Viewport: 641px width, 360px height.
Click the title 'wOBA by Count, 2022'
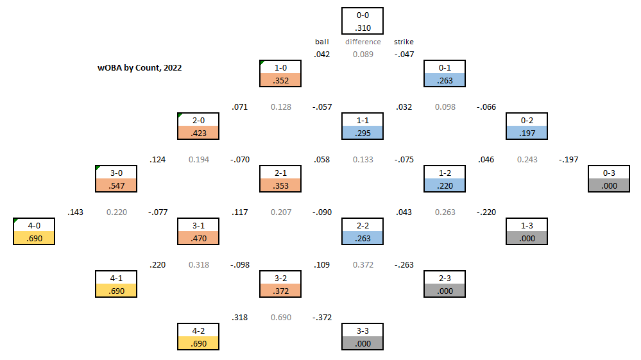pos(139,67)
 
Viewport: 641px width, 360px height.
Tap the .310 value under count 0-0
pos(363,28)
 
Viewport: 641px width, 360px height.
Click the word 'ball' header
pos(321,42)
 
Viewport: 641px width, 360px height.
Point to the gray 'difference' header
pos(363,42)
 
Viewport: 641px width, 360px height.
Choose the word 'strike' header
pos(404,42)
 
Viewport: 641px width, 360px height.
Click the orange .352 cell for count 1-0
pos(280,80)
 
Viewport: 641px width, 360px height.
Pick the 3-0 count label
pos(116,173)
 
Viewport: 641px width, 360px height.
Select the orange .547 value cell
pos(116,185)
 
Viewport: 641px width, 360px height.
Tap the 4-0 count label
pos(34,225)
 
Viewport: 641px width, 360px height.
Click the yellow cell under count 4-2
pos(198,343)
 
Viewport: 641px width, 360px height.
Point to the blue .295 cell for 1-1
pos(363,133)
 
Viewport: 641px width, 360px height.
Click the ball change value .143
pos(75,212)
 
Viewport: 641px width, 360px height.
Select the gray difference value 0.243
pos(527,159)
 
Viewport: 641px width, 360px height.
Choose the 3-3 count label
pos(363,330)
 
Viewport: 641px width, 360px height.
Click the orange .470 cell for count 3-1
pos(198,238)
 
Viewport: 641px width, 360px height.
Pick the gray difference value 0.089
pos(363,55)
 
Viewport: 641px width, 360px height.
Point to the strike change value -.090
pos(321,212)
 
